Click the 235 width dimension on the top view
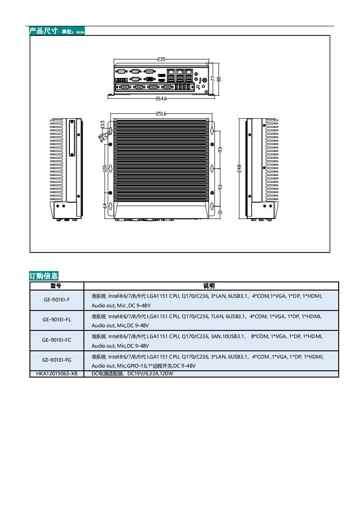point(161,59)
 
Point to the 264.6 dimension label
point(161,98)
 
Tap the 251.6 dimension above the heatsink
point(161,114)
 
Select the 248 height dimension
point(239,168)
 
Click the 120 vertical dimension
point(105,168)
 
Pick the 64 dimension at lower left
point(105,206)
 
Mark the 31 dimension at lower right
point(220,212)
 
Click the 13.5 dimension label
point(102,124)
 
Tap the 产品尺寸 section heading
point(44,31)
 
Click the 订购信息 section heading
point(44,276)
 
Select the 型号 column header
point(56,286)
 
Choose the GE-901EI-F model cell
point(57,300)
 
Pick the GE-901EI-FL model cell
point(57,320)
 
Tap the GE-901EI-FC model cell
point(57,340)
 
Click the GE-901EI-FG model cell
point(57,360)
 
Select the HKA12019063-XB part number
point(57,373)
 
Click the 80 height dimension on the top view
point(219,78)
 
